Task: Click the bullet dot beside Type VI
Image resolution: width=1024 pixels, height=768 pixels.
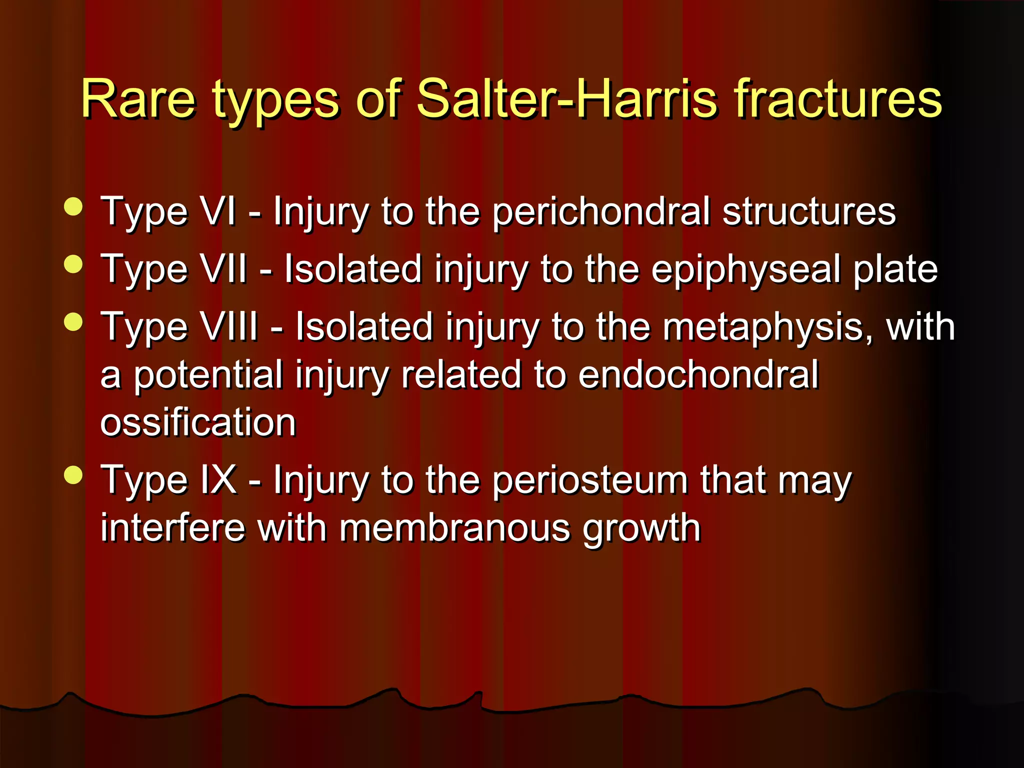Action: [x=73, y=206]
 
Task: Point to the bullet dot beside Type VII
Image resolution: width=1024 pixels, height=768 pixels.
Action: [x=73, y=264]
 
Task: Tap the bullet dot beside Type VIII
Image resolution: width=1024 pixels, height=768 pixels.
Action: [x=73, y=322]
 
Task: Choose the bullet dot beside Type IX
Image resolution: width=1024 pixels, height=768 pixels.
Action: [x=73, y=475]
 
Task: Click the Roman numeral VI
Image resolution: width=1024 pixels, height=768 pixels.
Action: [x=217, y=211]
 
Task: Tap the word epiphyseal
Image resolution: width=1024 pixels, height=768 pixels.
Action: [x=745, y=269]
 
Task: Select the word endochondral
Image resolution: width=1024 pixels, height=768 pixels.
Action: [x=698, y=374]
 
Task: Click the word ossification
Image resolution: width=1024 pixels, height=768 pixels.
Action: [x=198, y=422]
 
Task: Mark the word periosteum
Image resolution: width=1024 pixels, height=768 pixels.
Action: [x=590, y=480]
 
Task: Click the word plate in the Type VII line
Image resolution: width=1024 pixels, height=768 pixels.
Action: [x=894, y=269]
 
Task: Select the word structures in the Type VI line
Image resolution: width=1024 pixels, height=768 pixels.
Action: [x=808, y=211]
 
